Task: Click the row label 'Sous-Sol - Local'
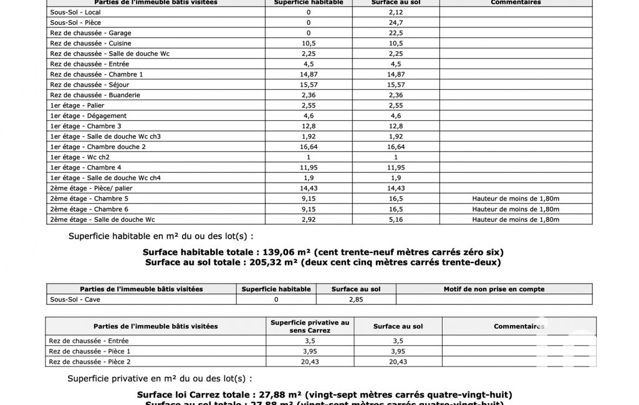point(75,12)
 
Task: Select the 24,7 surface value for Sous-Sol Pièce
point(395,22)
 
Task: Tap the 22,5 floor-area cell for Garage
point(395,33)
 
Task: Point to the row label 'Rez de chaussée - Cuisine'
point(91,43)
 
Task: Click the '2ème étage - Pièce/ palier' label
point(91,188)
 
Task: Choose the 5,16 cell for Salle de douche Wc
point(395,219)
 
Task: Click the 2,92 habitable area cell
point(308,219)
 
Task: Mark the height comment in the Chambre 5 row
point(516,199)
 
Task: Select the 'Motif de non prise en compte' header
point(494,289)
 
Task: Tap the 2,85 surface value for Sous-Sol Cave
point(355,300)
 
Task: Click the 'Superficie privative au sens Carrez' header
point(310,326)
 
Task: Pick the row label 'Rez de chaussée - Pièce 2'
point(90,361)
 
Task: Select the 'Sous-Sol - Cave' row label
point(75,300)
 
